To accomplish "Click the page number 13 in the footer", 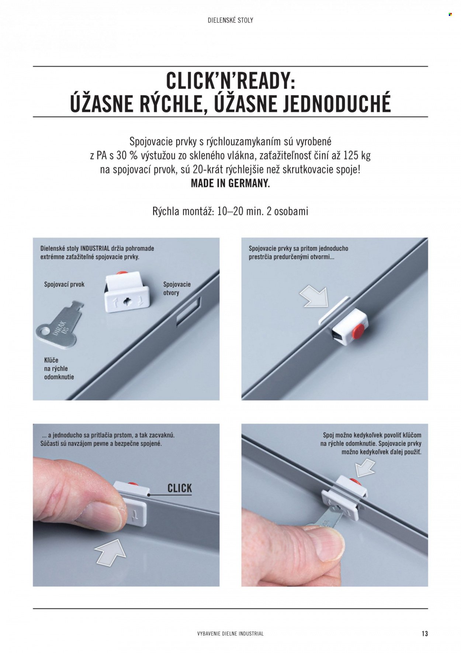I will click(x=424, y=633).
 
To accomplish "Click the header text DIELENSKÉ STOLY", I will click(x=230, y=20).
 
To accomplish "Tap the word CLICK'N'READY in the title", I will click(x=230, y=81).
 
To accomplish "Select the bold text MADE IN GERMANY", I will click(x=230, y=184).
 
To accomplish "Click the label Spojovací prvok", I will click(x=64, y=284).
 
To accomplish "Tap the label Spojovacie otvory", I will click(x=177, y=288).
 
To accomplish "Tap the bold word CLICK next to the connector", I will click(x=180, y=488).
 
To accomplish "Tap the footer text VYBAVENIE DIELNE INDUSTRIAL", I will click(x=230, y=633).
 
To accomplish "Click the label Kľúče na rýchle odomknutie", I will click(x=59, y=368).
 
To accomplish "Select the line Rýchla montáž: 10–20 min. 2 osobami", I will click(x=230, y=211).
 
